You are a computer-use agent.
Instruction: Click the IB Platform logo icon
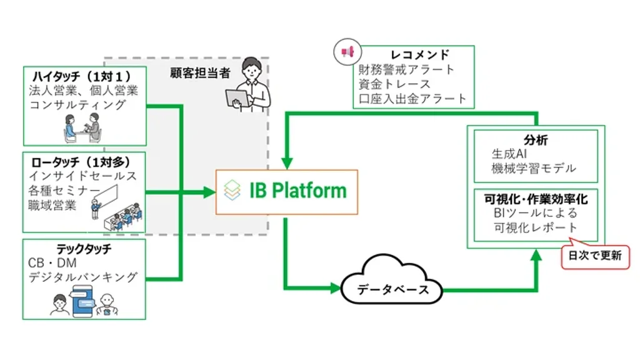point(232,190)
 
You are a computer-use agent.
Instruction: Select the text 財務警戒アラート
point(406,69)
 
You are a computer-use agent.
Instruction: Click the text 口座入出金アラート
point(412,98)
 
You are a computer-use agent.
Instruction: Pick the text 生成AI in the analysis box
point(512,154)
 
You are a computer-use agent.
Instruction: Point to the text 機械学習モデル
point(534,168)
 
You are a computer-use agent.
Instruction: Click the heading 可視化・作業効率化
point(535,199)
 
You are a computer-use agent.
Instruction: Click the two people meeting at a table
point(82,127)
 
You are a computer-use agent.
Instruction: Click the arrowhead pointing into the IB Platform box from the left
point(209,192)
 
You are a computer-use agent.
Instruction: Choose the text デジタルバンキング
point(83,277)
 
